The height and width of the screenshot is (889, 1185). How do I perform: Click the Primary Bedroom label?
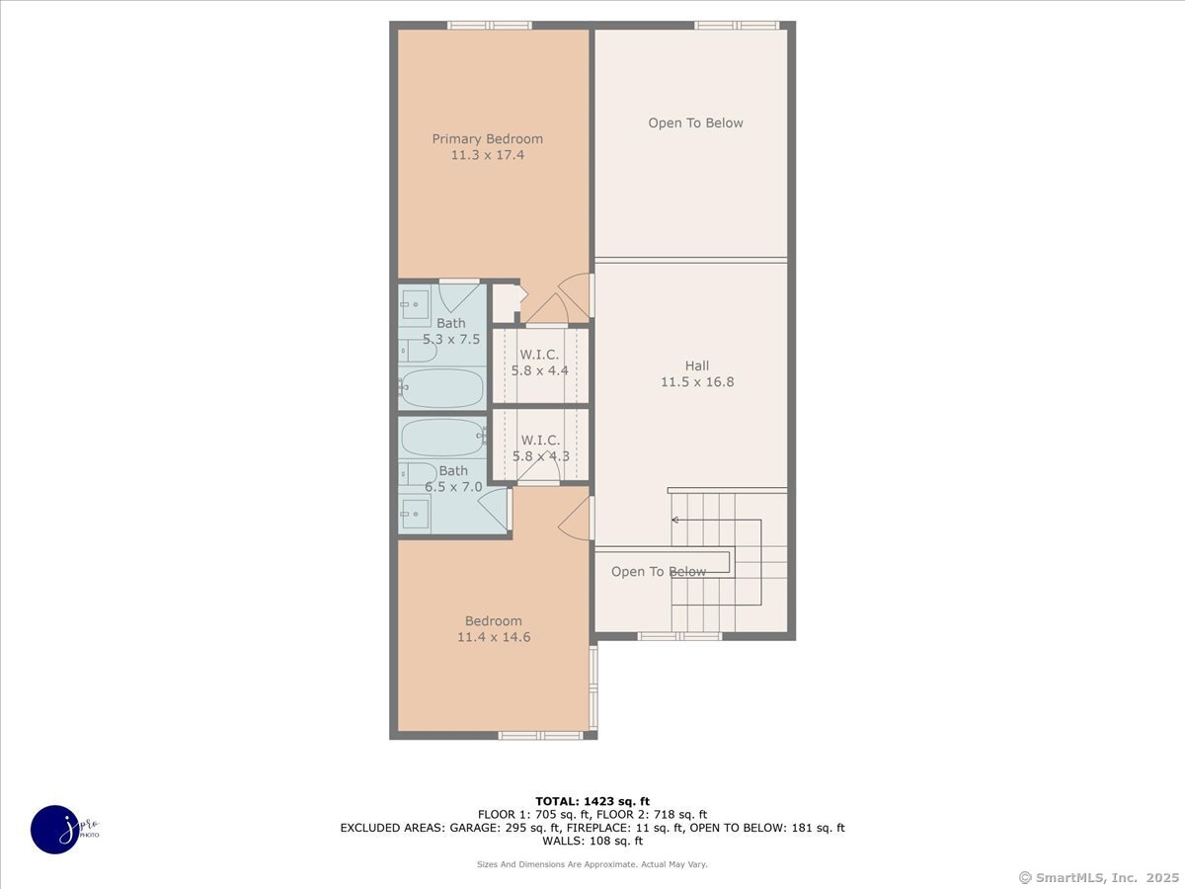pos(487,139)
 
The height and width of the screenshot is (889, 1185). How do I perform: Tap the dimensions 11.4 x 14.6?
pos(494,638)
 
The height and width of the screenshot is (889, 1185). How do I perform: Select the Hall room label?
pos(697,365)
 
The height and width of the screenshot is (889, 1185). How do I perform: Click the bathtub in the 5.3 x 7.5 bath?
pos(443,388)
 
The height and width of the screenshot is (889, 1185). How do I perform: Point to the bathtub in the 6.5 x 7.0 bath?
pos(443,437)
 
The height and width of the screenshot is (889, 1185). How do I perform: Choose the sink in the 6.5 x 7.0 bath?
pos(415,511)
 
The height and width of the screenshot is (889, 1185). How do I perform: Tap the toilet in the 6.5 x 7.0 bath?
pos(418,474)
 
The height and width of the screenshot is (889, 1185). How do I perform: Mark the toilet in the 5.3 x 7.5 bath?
pos(417,350)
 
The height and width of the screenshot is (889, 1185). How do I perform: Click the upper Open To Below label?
pos(695,123)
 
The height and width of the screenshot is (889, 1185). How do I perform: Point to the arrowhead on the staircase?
pos(675,546)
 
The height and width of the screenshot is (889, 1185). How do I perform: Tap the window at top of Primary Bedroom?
pos(489,26)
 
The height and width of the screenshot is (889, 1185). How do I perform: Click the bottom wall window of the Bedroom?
pos(540,735)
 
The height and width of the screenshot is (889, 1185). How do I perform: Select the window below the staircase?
pos(679,636)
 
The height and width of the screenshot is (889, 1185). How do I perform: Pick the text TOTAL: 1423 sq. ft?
pos(592,801)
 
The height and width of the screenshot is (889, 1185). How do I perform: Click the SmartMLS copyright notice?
pos(1097,877)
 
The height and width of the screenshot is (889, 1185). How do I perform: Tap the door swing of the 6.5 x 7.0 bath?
pos(495,507)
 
